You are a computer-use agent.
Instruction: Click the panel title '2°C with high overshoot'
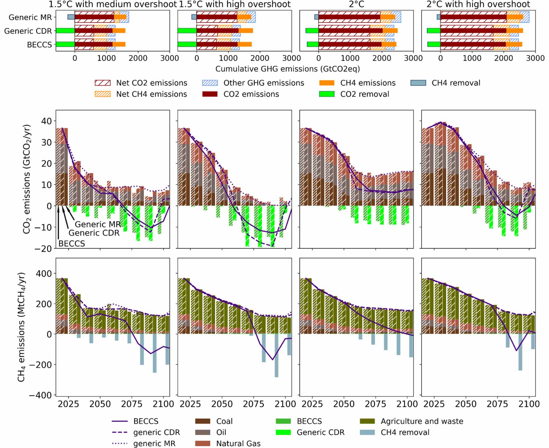[x=478, y=4]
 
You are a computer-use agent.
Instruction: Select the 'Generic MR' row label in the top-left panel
[x=30, y=17]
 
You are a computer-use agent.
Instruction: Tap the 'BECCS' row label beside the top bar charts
[x=39, y=45]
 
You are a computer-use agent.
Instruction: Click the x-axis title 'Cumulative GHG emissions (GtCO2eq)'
[x=287, y=69]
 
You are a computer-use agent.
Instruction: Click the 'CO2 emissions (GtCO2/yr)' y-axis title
[x=27, y=179]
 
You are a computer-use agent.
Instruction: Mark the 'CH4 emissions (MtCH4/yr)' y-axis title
[x=21, y=327]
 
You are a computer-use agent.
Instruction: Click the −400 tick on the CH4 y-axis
[x=40, y=395]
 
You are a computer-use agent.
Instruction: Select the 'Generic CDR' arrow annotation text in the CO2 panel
[x=94, y=233]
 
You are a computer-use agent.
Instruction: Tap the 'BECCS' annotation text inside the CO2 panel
[x=72, y=244]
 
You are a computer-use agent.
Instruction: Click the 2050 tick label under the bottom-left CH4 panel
[x=100, y=404]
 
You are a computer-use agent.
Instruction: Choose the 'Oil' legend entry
[x=221, y=432]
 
